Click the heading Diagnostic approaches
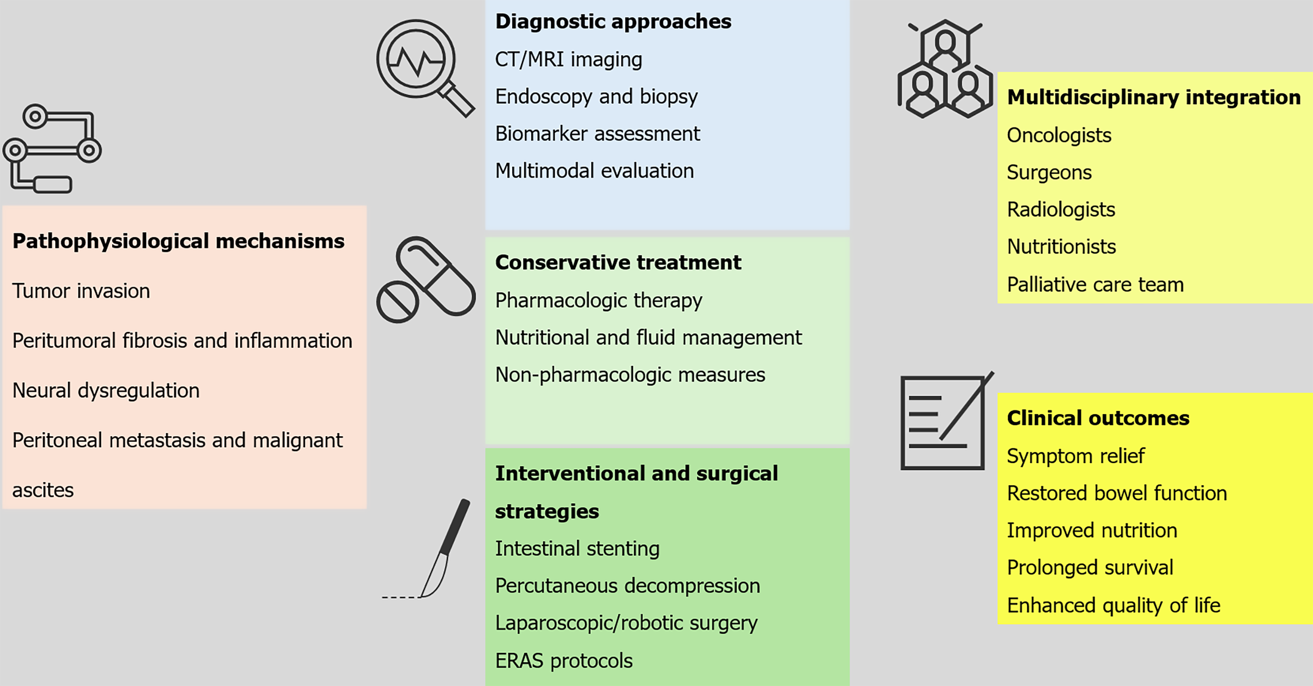613,21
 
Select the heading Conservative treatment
618,262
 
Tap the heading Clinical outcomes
1098,418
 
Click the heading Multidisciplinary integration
1153,97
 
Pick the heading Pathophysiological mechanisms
178,241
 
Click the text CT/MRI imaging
568,60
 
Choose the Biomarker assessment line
598,133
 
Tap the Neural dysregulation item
106,390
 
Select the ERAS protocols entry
564,661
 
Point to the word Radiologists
1061,210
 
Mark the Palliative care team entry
1095,284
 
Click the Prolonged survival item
1090,568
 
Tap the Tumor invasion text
81,291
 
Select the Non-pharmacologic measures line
630,375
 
